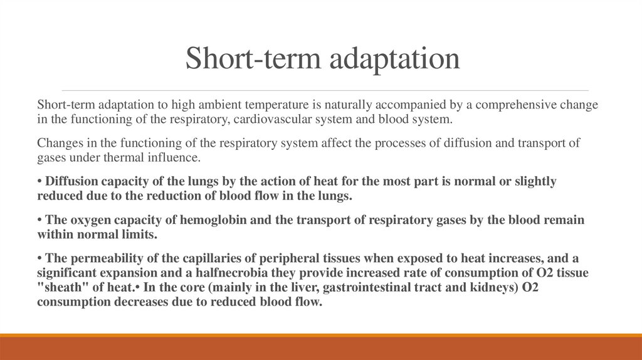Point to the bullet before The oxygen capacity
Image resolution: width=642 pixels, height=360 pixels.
pos(39,221)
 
